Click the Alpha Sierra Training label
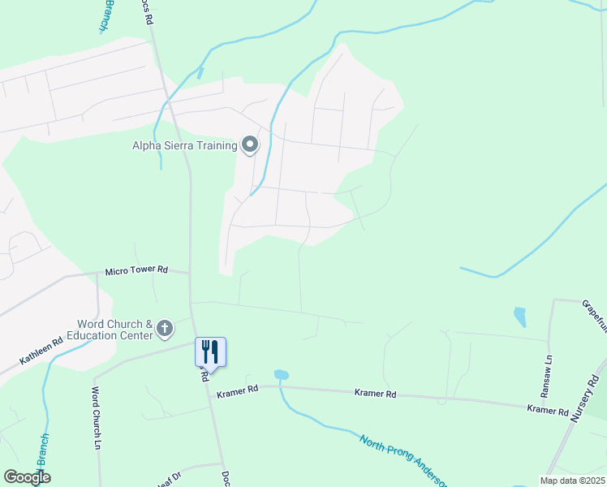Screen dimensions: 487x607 [x=184, y=146]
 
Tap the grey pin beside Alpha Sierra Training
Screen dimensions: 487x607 [x=250, y=145]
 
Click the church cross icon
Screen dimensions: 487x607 [x=165, y=329]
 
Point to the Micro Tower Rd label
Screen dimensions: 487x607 [x=136, y=269]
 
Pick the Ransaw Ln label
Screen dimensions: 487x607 [x=549, y=368]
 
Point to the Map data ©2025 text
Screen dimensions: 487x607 [x=571, y=481]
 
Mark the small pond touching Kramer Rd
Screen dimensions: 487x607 [x=281, y=375]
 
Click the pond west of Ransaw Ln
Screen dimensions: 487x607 [x=519, y=316]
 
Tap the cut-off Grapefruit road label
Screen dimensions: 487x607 [x=595, y=317]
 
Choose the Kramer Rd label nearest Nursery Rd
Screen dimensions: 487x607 [x=548, y=409]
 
